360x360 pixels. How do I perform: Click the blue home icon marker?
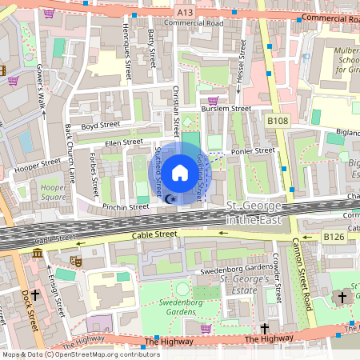[180, 171]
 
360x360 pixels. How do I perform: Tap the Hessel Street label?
[239, 76]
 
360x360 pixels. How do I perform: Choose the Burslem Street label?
[226, 109]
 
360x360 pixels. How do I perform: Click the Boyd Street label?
[99, 126]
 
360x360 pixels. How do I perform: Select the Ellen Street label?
[124, 142]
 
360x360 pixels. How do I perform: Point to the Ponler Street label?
[253, 150]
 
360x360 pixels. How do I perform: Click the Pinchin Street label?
[126, 206]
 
